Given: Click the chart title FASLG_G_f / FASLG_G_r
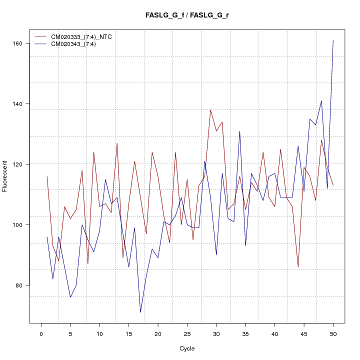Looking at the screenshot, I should point(187,15).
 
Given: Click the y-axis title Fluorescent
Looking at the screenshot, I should point(5,176).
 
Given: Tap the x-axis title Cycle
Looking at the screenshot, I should point(187,348).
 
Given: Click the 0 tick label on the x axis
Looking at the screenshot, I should point(41,333).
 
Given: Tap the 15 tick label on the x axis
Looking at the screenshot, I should point(128,333).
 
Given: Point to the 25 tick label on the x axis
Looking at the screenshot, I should point(187,333).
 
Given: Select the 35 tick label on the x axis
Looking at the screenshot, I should point(245,333).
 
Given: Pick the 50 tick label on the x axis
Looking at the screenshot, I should point(333,333).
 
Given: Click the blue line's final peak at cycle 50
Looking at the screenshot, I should point(333,40).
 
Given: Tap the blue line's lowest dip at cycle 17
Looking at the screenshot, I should point(140,312).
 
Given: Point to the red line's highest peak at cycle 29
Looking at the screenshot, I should point(210,110).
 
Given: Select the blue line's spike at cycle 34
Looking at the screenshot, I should point(239,131).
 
